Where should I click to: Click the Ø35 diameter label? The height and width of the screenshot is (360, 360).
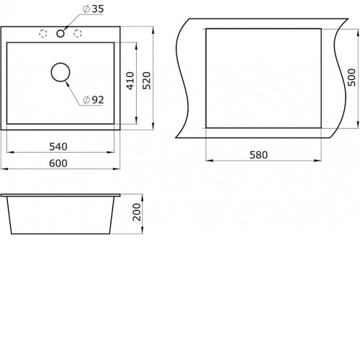click(93, 9)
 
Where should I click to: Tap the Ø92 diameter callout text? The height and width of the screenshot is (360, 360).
click(94, 100)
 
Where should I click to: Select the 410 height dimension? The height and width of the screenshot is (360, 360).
click(130, 81)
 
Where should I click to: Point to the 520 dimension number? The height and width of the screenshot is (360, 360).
click(147, 81)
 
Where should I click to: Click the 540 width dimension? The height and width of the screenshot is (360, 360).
click(58, 147)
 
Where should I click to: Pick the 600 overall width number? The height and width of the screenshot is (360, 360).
click(58, 163)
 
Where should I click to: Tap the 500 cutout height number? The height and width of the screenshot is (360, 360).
click(351, 77)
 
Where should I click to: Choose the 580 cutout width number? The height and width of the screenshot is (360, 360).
click(258, 155)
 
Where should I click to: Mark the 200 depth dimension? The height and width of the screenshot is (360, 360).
click(137, 212)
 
